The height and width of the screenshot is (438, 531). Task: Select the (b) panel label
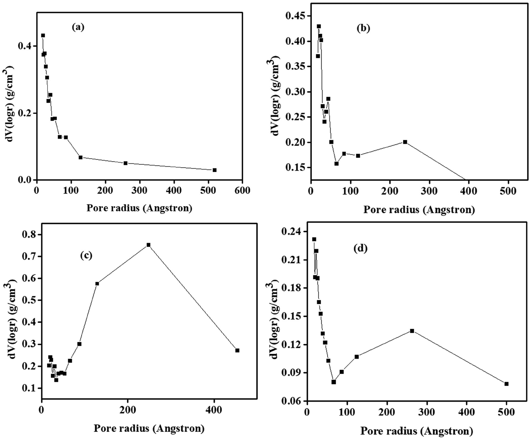point(363,28)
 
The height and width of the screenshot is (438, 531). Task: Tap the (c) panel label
point(86,256)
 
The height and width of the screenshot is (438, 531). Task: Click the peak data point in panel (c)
point(148,245)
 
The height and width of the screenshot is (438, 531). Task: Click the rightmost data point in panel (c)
point(237,351)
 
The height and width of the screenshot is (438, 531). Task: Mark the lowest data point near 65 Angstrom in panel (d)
point(334,382)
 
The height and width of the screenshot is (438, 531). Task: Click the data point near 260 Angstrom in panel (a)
point(125,163)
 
